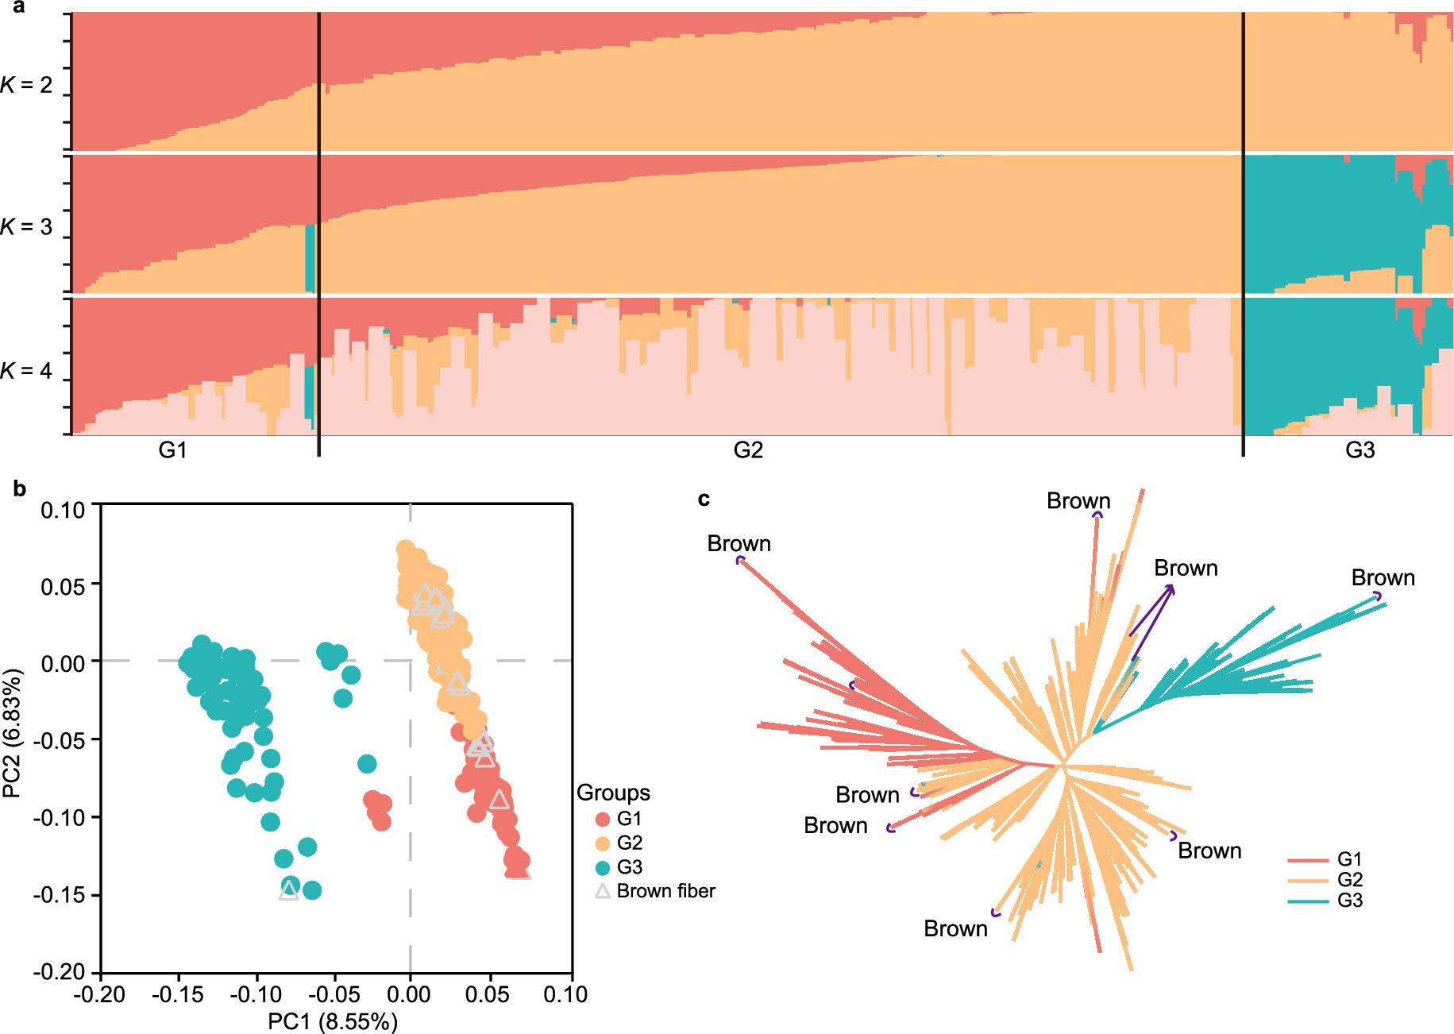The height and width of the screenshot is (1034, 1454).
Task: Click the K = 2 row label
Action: tap(26, 84)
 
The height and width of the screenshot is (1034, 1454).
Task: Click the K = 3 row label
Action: tap(26, 227)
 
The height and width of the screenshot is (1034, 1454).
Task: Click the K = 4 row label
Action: tap(26, 371)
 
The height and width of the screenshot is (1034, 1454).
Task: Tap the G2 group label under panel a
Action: tap(747, 450)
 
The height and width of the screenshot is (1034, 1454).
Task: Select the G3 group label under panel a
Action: tap(1360, 450)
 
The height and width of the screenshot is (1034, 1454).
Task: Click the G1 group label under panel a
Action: tap(172, 450)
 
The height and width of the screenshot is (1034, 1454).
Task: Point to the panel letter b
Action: tap(20, 489)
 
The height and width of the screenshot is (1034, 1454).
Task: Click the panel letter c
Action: tap(703, 499)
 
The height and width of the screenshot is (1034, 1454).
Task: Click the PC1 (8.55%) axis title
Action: tap(332, 1021)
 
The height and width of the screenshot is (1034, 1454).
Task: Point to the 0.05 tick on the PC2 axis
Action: tap(63, 586)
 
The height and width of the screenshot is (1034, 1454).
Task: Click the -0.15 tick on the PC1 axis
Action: tap(178, 994)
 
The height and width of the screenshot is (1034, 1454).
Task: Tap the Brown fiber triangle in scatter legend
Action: tap(603, 891)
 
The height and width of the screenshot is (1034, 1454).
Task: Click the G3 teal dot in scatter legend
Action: tap(603, 867)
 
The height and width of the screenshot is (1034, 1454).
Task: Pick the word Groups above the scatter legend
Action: tap(613, 793)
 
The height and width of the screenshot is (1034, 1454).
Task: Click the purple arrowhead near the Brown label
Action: tap(1171, 588)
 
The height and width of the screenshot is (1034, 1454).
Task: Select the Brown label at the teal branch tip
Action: tap(1383, 577)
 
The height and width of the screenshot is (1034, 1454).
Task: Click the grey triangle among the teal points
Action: tap(289, 890)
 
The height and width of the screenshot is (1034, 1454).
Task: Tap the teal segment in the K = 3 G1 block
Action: tap(310, 258)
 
